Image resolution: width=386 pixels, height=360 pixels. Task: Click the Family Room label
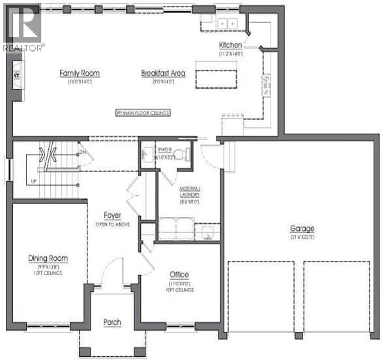(79, 73)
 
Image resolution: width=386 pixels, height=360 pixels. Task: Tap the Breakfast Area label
(163, 73)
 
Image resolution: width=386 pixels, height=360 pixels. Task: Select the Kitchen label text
(231, 45)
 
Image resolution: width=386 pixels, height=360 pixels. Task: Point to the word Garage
(302, 228)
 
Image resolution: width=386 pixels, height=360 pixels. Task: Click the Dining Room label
(48, 258)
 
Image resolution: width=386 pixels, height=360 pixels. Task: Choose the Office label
(179, 275)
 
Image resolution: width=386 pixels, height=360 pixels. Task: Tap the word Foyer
(113, 215)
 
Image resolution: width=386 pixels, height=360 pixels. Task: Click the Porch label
(113, 323)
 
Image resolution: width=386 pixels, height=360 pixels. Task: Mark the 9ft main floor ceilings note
(142, 113)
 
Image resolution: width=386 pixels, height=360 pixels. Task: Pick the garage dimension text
(302, 236)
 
